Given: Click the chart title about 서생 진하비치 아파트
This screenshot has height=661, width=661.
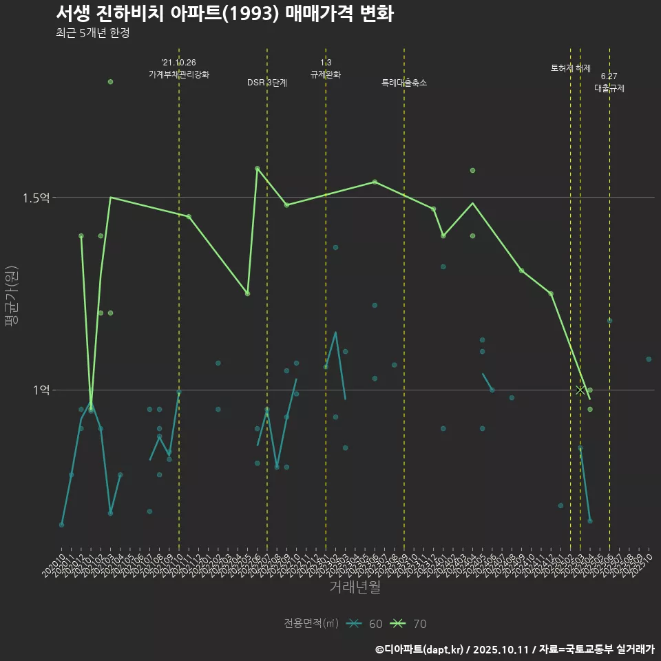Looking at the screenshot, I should (224, 14).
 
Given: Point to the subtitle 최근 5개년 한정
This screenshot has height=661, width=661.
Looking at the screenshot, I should (92, 33).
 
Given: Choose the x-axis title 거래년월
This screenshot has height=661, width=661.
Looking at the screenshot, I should (355, 587).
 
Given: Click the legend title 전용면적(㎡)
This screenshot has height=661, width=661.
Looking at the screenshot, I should (311, 624).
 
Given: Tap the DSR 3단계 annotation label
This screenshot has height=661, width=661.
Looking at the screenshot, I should (267, 83).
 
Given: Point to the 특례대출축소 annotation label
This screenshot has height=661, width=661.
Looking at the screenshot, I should (404, 83).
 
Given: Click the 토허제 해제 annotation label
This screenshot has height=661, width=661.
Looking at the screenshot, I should (571, 68).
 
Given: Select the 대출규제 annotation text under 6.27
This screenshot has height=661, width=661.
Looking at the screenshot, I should (609, 89).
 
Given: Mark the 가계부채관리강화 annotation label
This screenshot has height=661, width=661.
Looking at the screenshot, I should (179, 74).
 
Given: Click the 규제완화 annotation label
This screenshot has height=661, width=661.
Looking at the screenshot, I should (326, 74).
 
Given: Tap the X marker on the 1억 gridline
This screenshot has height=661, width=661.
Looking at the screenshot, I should (580, 390).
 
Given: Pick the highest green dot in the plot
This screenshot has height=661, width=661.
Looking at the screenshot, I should (110, 82).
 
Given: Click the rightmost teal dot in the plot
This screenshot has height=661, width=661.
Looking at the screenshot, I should (649, 359).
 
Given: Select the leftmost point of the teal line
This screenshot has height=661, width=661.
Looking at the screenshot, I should (62, 525).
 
